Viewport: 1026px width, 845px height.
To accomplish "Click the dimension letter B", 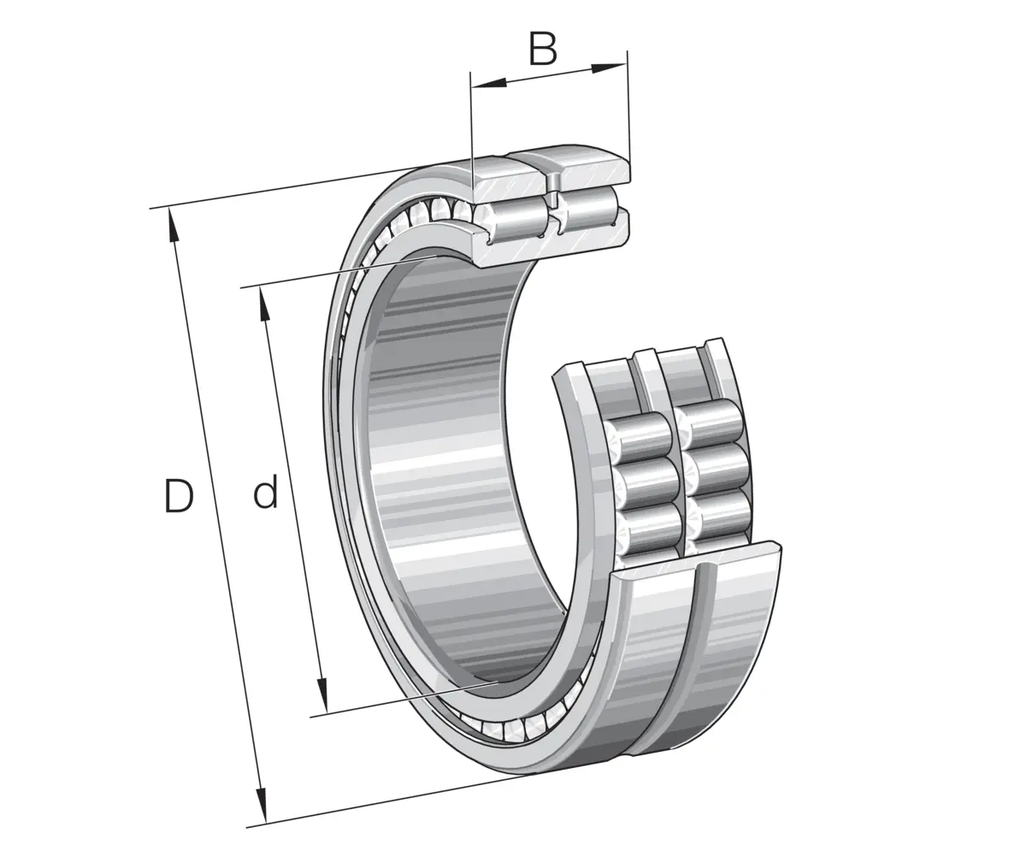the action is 542,49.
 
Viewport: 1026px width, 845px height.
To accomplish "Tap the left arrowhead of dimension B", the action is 489,83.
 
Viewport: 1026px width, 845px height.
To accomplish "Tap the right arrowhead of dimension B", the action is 609,68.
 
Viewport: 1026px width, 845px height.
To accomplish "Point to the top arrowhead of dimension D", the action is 172,225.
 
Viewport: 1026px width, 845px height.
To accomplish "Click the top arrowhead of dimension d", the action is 264,304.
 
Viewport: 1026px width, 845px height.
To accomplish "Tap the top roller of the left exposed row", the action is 636,438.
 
